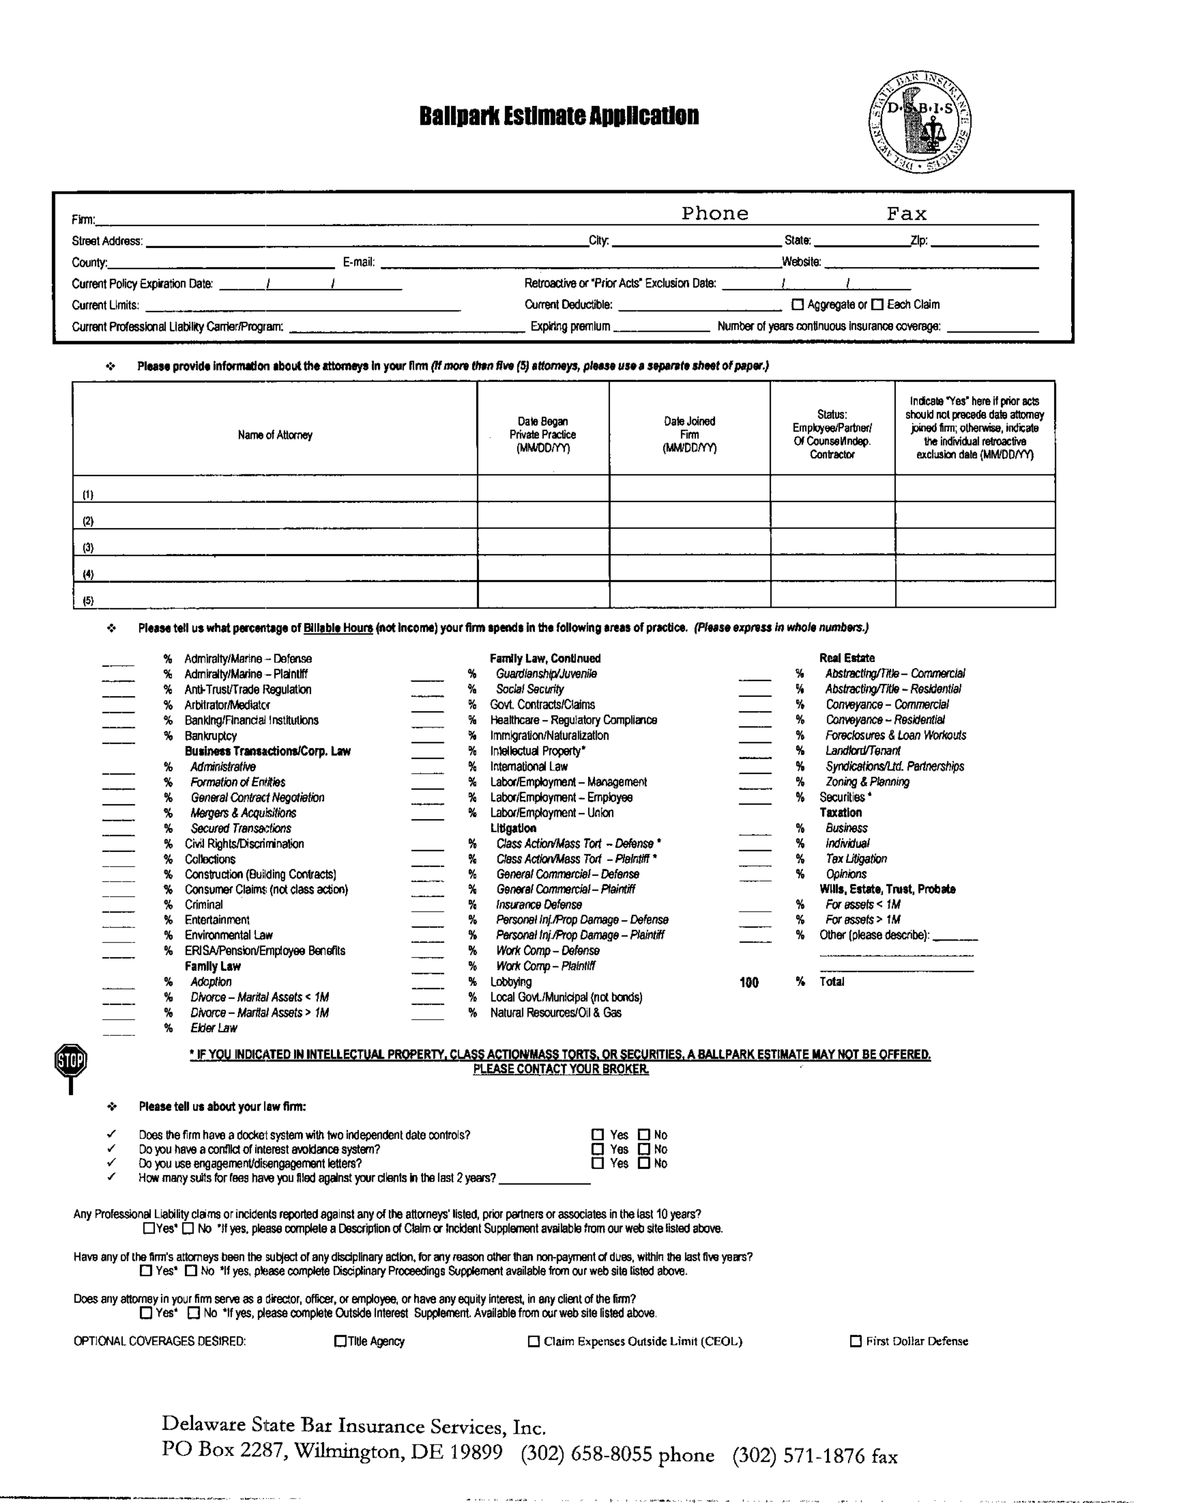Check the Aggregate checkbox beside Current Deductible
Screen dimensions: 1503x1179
pyautogui.click(x=798, y=305)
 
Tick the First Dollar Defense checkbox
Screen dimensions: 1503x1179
pyautogui.click(x=856, y=1341)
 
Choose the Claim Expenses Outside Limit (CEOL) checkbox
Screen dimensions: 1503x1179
pyautogui.click(x=534, y=1341)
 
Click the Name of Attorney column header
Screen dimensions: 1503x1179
pyautogui.click(x=275, y=435)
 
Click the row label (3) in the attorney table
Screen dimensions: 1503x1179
pyautogui.click(x=88, y=548)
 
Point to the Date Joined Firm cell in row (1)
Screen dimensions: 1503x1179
pyautogui.click(x=689, y=488)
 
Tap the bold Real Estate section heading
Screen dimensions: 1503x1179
pyautogui.click(x=847, y=658)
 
